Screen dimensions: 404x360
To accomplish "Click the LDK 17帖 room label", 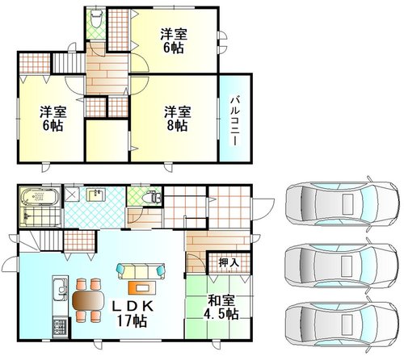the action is point(133,314).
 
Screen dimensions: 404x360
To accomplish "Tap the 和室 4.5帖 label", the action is point(221,308).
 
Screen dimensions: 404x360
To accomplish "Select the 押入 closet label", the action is point(229,262).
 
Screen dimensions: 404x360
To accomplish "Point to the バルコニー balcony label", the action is point(234,122).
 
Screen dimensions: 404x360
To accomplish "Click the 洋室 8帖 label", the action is point(178,119).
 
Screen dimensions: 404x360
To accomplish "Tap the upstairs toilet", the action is point(95,19).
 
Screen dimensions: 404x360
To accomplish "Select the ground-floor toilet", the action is point(151,198).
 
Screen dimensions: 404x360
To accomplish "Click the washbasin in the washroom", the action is point(96,195).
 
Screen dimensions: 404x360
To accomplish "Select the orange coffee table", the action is point(142,287).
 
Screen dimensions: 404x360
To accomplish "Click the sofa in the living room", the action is point(141,271).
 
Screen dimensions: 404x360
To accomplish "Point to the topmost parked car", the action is point(342,203).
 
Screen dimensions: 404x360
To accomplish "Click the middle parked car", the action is point(342,266).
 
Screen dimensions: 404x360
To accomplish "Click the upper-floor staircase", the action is point(69,63).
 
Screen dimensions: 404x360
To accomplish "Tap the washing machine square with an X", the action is point(72,194).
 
